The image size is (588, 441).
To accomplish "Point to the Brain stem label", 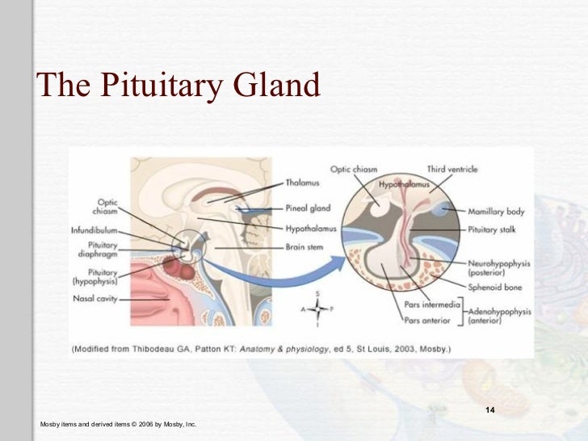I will pos(305,246).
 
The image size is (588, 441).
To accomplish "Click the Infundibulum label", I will pos(95,230).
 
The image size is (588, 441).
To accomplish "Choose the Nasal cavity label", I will pos(99,299).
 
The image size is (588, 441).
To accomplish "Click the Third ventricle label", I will pos(452,170).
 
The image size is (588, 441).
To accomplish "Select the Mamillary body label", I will pos(496,212).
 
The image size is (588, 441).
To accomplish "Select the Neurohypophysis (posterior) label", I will pos(497,268).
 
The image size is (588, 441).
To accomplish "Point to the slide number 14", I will pos(489,413).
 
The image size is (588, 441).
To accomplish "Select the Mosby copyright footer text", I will pos(118,424).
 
